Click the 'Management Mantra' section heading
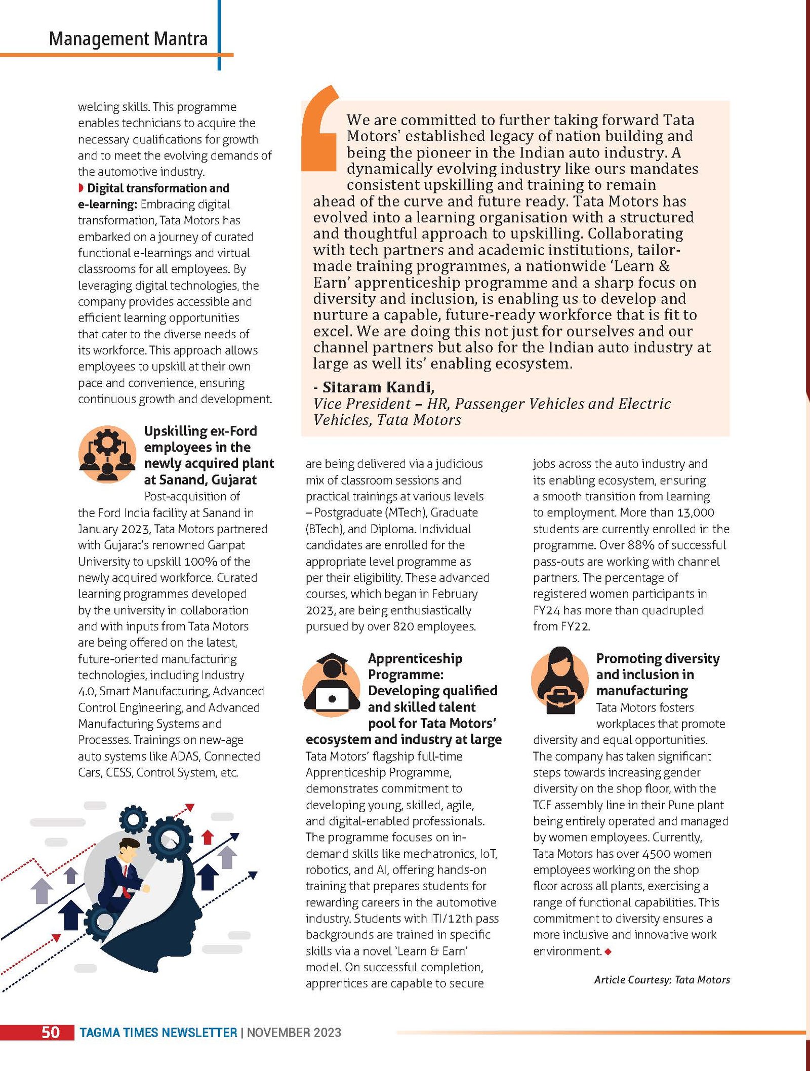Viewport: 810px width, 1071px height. [128, 39]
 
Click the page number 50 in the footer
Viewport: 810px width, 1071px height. [50, 1032]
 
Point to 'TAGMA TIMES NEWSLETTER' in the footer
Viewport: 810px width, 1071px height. [158, 1033]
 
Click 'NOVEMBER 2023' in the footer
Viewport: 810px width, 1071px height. [294, 1033]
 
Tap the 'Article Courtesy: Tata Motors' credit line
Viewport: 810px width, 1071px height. [662, 979]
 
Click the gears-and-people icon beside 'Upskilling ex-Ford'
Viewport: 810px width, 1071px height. [107, 454]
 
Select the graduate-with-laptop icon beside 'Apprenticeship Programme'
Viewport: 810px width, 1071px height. [331, 684]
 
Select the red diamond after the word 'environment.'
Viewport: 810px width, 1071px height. [608, 951]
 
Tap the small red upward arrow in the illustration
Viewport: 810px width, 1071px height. [208, 837]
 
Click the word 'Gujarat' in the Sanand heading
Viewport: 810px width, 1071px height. [234, 480]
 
